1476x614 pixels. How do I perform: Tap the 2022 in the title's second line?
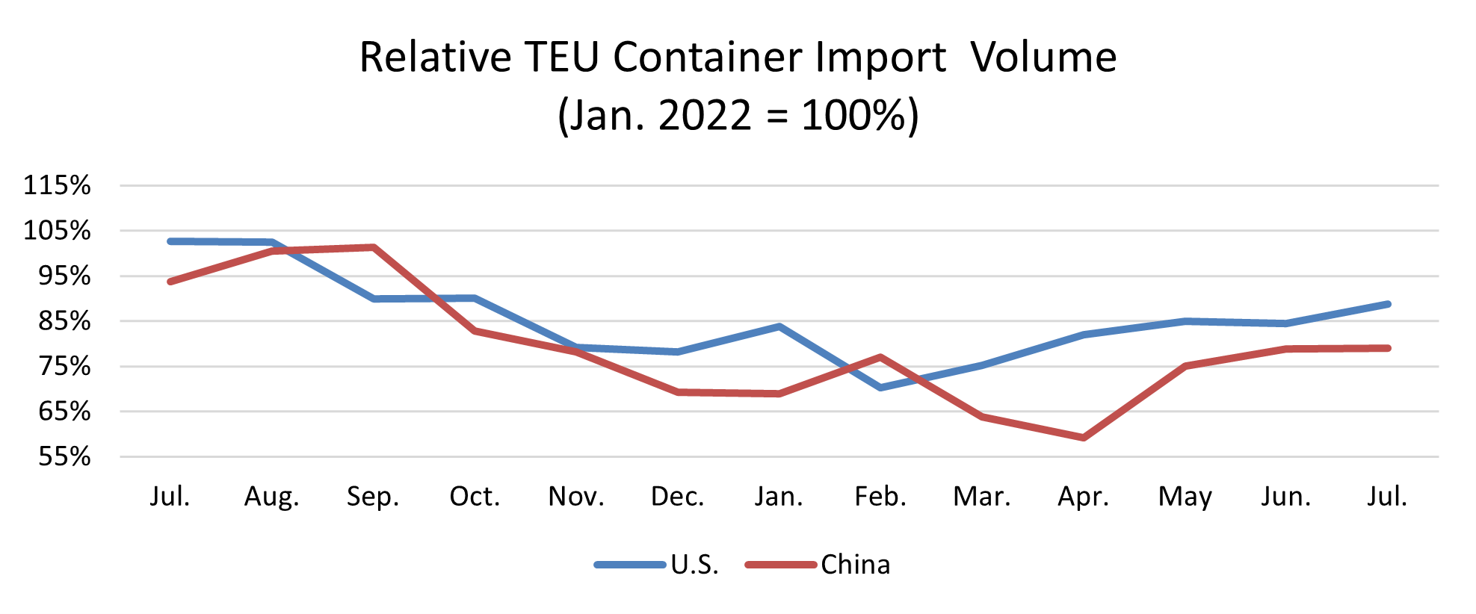tap(705, 116)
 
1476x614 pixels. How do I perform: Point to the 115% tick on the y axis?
tap(57, 185)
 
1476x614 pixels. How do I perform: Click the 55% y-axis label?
tap(64, 456)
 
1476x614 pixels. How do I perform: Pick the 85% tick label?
tap(64, 321)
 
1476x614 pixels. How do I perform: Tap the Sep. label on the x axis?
tap(373, 497)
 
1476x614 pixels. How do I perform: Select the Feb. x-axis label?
tap(880, 497)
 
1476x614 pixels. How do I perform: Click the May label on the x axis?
tap(1185, 497)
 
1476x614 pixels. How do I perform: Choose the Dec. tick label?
tap(677, 497)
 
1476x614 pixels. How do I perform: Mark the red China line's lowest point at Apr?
tap(1084, 438)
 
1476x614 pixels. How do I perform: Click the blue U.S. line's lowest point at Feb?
tap(881, 388)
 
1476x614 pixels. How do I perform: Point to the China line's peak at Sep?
tap(373, 247)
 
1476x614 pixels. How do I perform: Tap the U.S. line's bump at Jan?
tap(779, 326)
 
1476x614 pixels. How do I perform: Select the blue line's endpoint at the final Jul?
tap(1388, 304)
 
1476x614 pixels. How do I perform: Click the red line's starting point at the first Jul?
tap(170, 282)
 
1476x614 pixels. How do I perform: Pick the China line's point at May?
tap(1185, 366)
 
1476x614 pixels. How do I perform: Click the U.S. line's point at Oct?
tap(475, 298)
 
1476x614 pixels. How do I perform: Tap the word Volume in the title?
tap(1043, 58)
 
